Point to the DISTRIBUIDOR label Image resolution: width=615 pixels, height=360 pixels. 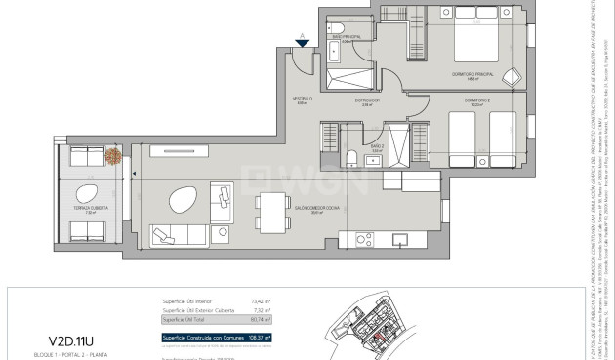[366, 100]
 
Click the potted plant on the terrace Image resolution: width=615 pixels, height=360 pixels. [114, 156]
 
